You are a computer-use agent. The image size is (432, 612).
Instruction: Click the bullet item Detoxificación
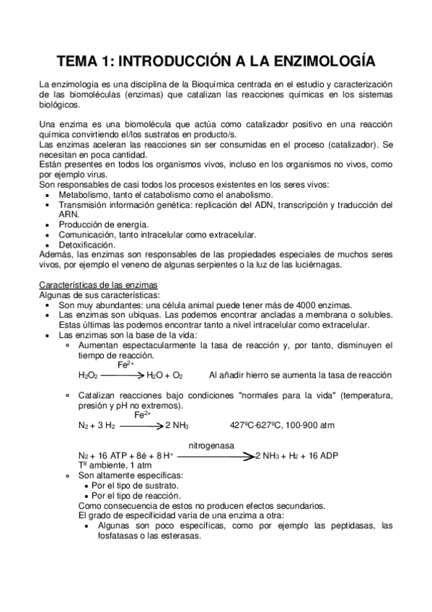pyautogui.click(x=89, y=245)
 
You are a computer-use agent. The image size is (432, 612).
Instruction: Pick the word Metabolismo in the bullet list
pyautogui.click(x=85, y=195)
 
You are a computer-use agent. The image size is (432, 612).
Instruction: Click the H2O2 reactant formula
pyautogui.click(x=87, y=375)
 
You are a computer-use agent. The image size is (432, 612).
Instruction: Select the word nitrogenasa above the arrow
pyautogui.click(x=211, y=445)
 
